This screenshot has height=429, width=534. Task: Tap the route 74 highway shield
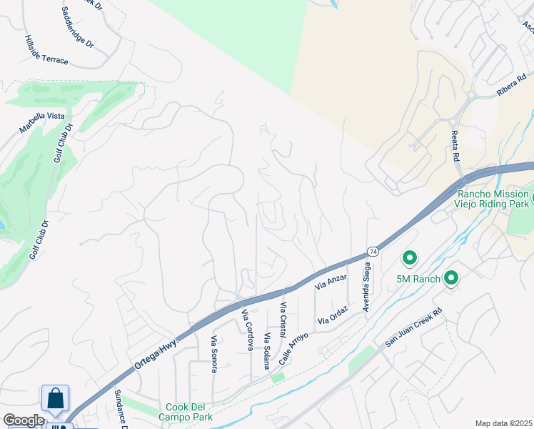click(373, 252)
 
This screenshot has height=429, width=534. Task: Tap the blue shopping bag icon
click(55, 400)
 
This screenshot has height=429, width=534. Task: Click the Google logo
click(24, 420)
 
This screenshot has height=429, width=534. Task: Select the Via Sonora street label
click(213, 354)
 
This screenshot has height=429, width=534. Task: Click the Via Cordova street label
click(248, 330)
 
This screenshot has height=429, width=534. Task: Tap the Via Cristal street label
click(283, 320)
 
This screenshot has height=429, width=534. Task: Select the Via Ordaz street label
click(333, 316)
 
